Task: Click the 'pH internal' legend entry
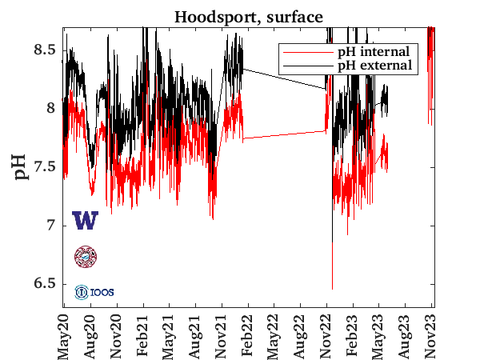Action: pyautogui.click(x=371, y=52)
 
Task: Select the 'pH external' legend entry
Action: pyautogui.click(x=371, y=65)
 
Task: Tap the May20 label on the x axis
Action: pyautogui.click(x=66, y=334)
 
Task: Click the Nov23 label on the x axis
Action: pyautogui.click(x=432, y=334)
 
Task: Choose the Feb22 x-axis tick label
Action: pyautogui.click(x=248, y=334)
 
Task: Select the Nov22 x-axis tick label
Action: pyautogui.click(x=327, y=334)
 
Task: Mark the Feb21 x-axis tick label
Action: pyautogui.click(x=144, y=334)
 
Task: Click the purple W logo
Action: pyautogui.click(x=85, y=220)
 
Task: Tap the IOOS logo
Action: pyautogui.click(x=94, y=292)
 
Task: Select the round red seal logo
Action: pyautogui.click(x=85, y=256)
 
